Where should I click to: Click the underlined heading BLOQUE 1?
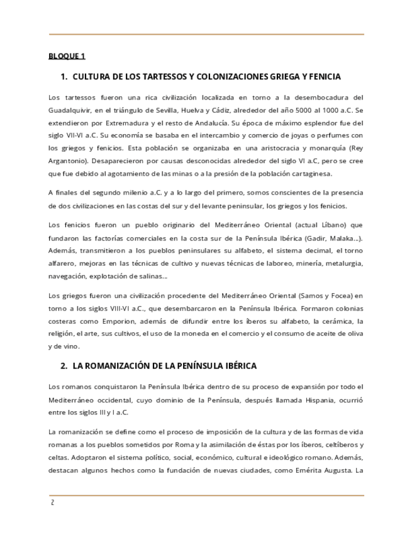[67, 56]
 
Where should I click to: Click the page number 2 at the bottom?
[53, 504]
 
